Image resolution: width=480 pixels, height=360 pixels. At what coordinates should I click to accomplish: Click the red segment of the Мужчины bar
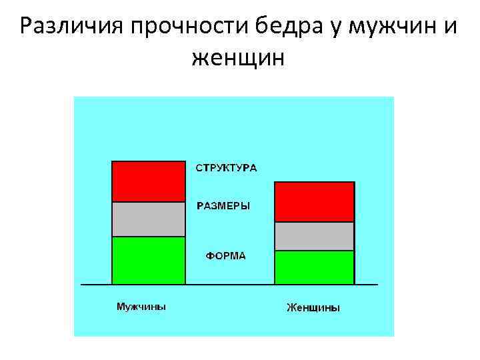(148, 181)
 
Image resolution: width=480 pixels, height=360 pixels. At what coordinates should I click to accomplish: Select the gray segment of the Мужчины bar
(148, 219)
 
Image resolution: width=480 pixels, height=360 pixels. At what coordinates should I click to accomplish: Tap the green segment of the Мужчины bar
(148, 260)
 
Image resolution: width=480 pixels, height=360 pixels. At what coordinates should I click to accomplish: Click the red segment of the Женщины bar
(314, 201)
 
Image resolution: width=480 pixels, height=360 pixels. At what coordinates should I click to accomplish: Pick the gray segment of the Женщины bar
(314, 236)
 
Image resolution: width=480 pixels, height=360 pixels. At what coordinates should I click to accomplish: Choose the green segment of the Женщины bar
(314, 267)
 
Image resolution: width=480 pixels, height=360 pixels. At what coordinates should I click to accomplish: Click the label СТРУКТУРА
(226, 167)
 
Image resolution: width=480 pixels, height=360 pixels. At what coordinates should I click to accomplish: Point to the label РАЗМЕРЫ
(223, 206)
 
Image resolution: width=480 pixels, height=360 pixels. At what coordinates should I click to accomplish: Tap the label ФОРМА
(225, 255)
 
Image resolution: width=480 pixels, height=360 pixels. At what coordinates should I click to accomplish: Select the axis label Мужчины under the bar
(141, 307)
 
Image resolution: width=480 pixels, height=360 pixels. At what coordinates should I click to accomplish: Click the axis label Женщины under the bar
(313, 307)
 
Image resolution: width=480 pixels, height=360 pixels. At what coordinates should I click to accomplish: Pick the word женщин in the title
(238, 60)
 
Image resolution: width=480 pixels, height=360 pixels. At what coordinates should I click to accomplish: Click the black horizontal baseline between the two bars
(229, 285)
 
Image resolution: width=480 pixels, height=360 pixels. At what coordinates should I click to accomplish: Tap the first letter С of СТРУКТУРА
(199, 167)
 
